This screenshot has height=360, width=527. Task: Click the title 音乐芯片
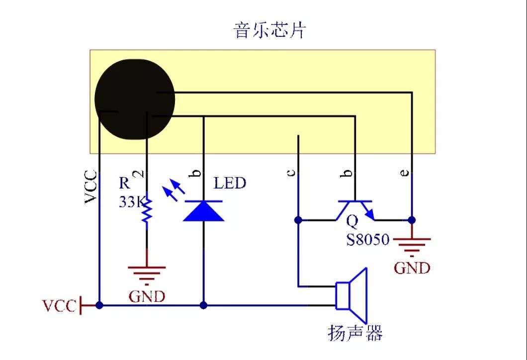(269, 30)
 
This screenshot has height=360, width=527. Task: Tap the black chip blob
(135, 99)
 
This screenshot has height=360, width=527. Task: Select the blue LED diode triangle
(203, 211)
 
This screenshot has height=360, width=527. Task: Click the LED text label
(230, 183)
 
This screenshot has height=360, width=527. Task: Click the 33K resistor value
(132, 202)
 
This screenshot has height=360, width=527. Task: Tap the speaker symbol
(351, 296)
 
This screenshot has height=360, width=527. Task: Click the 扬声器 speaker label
(355, 333)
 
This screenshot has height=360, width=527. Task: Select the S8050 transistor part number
(368, 240)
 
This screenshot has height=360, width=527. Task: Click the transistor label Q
(352, 221)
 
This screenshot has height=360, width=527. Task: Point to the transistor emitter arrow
(368, 212)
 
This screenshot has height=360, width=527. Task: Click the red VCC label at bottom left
(60, 306)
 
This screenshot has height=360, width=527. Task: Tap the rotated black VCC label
(91, 187)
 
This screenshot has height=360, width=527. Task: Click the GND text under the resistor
(147, 296)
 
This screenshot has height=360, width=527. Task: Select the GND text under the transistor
(412, 268)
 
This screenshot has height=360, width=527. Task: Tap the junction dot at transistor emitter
(412, 220)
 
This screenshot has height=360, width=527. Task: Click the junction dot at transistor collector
(298, 220)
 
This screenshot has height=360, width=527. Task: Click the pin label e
(405, 173)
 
